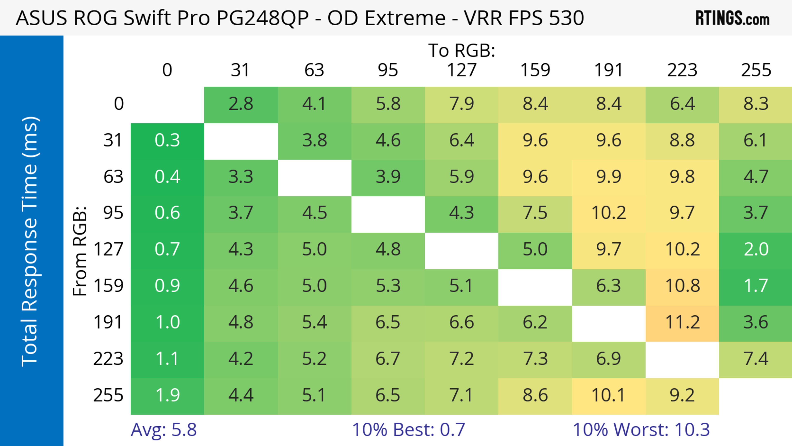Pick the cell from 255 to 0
click(x=167, y=395)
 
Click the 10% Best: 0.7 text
click(x=408, y=430)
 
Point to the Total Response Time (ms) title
click(x=30, y=241)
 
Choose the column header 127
click(x=462, y=70)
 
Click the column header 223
click(x=682, y=70)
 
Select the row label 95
click(x=113, y=213)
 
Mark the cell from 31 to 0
click(x=167, y=140)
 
